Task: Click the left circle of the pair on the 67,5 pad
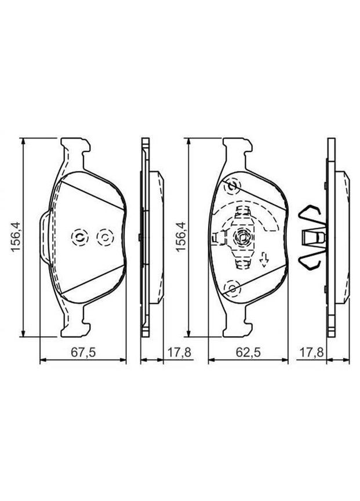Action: point(78,237)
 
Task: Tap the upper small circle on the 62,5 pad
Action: point(233,187)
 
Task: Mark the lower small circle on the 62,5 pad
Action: point(233,287)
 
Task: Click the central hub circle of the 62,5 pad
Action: point(242,237)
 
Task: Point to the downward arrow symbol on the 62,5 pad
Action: point(264,262)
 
